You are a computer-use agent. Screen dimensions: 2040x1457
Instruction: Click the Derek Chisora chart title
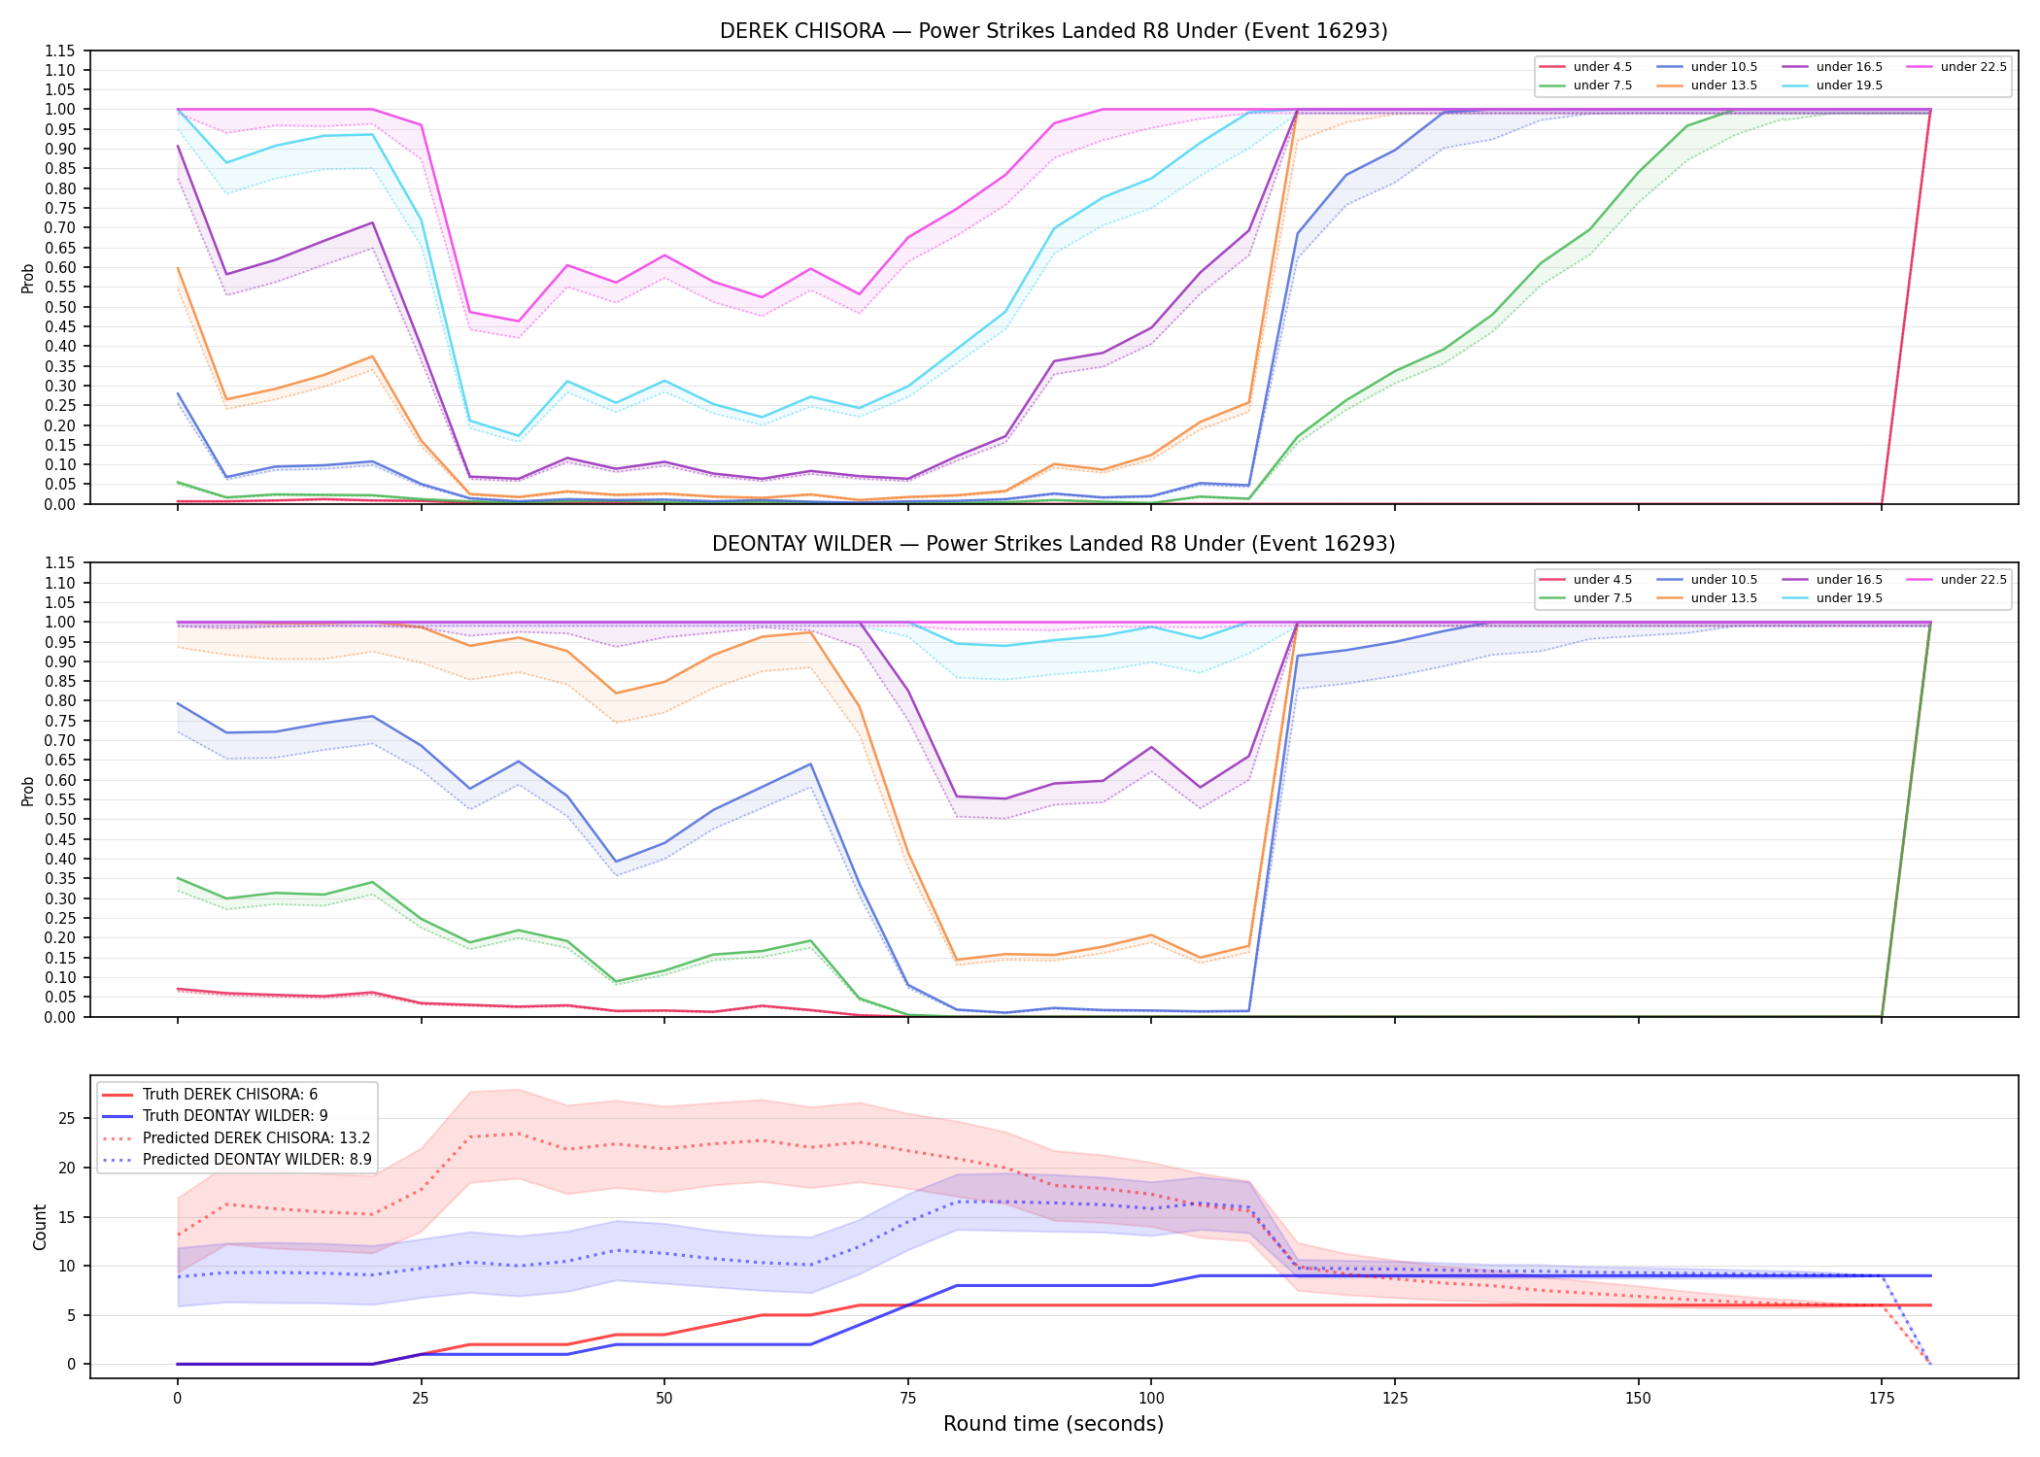click(x=1053, y=31)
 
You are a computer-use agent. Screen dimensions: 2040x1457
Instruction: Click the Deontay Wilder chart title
click(x=1053, y=544)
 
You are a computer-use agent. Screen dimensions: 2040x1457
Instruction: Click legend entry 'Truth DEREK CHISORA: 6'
click(x=230, y=1095)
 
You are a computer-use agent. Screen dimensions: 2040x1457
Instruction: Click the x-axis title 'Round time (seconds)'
click(x=1053, y=1424)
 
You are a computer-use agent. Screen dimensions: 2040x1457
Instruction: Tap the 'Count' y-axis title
click(x=40, y=1227)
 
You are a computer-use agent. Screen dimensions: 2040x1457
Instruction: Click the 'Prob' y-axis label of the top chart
click(x=28, y=278)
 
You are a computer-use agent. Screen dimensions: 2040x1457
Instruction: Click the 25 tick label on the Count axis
click(x=66, y=1119)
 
